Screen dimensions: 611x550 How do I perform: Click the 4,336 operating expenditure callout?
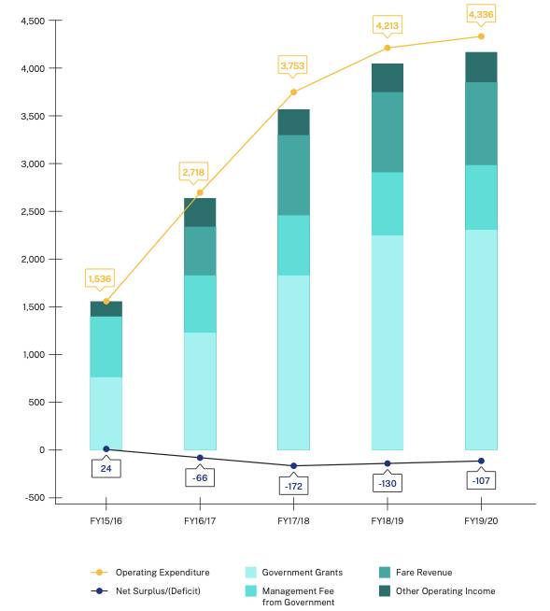coord(481,14)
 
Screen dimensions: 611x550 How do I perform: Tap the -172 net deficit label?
coord(293,486)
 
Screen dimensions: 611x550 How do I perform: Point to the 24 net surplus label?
coord(106,468)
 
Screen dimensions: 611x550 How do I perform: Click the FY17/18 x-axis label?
coord(293,519)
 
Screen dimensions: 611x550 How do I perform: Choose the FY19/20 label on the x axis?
coord(481,519)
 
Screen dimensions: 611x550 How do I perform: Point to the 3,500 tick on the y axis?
coord(34,116)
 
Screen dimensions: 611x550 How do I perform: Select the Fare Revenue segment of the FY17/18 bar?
coord(293,175)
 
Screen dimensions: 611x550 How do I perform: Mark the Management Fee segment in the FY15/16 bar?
coord(106,347)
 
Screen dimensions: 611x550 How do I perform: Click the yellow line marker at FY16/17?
coord(200,192)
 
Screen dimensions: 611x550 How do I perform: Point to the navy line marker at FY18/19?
coord(388,463)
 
